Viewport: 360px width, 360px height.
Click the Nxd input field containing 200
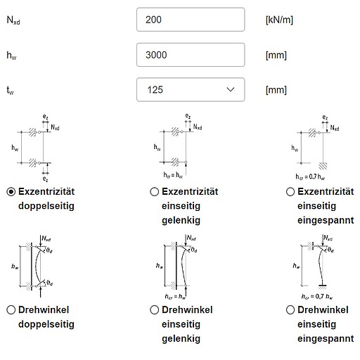point(191,20)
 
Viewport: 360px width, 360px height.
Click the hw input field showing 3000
point(191,55)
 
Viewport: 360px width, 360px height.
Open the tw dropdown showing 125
point(191,90)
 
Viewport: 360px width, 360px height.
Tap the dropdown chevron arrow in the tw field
point(231,89)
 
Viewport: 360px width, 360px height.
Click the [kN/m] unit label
point(279,20)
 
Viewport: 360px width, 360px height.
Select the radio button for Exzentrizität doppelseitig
point(11,192)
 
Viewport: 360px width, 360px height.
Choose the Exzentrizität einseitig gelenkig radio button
point(154,192)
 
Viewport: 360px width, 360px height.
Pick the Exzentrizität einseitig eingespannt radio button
point(290,192)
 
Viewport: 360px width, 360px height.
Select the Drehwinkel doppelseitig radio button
point(11,310)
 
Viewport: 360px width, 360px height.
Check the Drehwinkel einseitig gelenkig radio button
point(154,310)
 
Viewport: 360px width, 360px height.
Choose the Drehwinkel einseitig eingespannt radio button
point(290,310)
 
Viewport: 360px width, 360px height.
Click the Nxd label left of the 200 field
point(13,20)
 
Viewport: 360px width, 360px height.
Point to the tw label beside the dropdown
point(10,91)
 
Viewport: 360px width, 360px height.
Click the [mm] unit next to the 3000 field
point(276,56)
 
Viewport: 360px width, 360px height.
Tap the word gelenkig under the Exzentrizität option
point(181,221)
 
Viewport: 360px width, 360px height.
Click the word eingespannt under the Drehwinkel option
point(326,339)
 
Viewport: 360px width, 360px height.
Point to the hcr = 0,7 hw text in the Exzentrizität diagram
point(310,176)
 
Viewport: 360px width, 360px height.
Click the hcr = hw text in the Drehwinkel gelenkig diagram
point(175,297)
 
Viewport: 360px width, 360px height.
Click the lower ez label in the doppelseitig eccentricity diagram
point(46,179)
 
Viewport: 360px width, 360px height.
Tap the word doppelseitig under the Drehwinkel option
point(46,324)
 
